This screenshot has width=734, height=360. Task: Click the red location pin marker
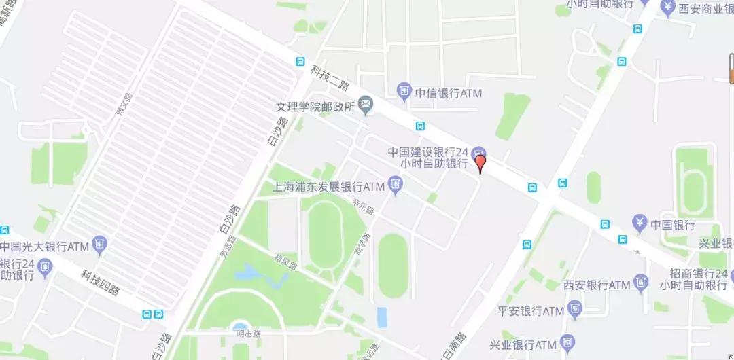click(480, 163)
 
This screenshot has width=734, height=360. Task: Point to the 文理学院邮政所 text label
click(315, 107)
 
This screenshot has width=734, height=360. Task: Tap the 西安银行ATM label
click(597, 285)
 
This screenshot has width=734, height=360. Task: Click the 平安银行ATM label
click(531, 311)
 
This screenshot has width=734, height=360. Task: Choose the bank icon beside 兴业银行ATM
click(570, 342)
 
